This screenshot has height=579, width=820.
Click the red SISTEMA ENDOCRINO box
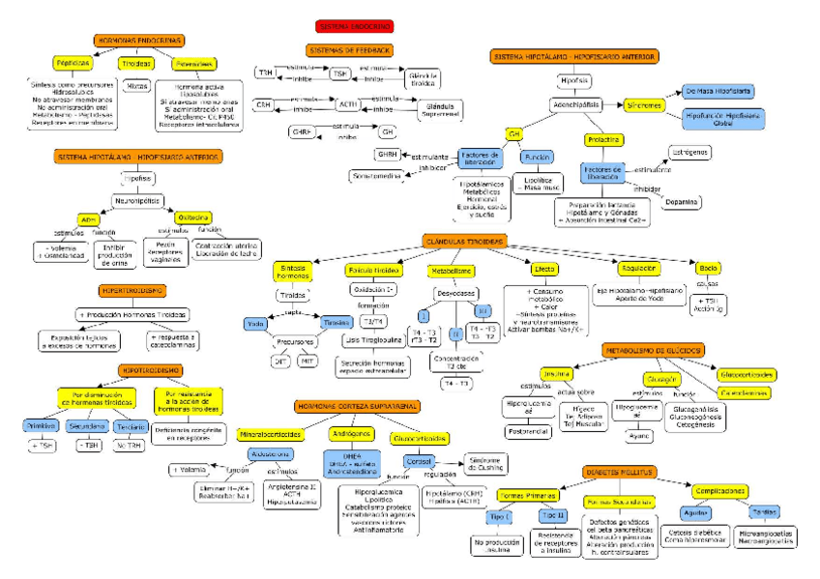point(354,27)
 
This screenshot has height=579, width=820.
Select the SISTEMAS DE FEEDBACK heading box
point(349,49)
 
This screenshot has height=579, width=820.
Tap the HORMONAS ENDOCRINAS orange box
point(139,41)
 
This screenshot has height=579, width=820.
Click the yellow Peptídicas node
point(73,63)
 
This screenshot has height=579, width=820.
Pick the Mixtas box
point(137,86)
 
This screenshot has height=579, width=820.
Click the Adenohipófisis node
point(574,103)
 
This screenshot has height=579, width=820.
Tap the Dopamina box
point(683,201)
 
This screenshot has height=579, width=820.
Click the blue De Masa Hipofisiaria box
point(717,91)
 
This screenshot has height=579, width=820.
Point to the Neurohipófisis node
point(137,201)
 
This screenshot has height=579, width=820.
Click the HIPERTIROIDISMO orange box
point(132,290)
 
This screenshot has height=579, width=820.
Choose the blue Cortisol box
point(418,462)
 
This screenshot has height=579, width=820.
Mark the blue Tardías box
point(764,511)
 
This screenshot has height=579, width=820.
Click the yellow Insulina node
point(557,373)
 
